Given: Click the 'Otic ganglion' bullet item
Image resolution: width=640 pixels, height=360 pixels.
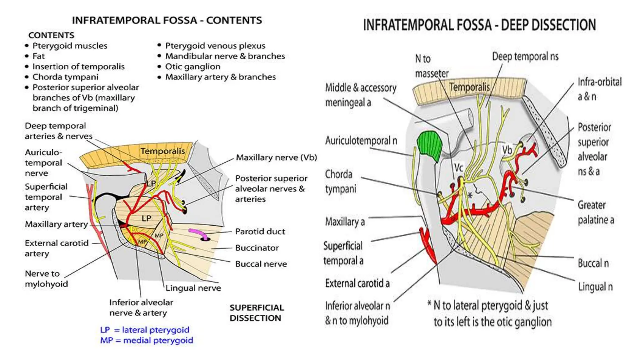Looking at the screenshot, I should [192, 67].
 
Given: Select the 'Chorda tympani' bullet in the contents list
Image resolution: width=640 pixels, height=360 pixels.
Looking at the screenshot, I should [65, 77].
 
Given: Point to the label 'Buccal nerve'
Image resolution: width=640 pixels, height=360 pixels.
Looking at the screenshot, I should [261, 264].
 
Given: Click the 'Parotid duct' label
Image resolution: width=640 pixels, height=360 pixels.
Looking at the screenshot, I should [260, 232].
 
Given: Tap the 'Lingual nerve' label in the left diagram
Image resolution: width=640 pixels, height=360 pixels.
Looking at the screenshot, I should [193, 288].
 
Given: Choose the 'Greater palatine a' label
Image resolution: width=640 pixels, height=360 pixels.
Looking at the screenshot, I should [595, 212].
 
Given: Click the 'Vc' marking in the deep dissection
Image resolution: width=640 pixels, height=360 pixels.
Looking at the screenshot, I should [458, 167].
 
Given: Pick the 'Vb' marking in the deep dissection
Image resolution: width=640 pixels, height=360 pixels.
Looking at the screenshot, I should [507, 150].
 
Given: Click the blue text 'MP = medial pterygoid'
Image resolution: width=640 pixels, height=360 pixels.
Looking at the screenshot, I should [147, 340].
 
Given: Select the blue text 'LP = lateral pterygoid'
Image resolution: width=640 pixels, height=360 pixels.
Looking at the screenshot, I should [145, 330].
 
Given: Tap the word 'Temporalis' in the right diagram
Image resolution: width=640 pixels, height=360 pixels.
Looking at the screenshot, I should [469, 87].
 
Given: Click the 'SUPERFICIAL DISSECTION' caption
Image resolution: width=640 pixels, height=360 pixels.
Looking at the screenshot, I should [257, 313].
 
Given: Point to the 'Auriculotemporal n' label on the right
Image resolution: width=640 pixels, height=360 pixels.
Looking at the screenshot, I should [361, 141].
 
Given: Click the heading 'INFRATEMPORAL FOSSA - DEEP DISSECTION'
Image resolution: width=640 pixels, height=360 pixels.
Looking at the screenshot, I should [479, 25].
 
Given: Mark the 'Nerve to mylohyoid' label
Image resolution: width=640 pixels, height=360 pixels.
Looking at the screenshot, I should [46, 279].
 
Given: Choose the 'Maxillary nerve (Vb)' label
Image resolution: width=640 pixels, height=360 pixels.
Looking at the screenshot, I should [276, 157].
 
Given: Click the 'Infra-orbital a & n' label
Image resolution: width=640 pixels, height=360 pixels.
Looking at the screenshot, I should [599, 89].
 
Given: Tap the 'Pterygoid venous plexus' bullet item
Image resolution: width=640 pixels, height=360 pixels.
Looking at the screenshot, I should [215, 46].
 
